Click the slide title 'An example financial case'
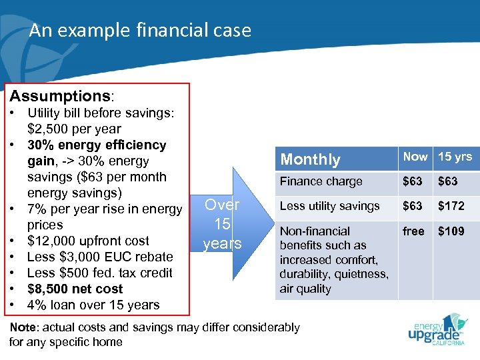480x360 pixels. pyautogui.click(x=140, y=31)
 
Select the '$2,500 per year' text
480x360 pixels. pyautogui.click(x=74, y=129)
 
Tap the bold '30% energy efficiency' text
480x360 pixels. pyautogui.click(x=97, y=145)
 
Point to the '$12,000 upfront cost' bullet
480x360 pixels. pyautogui.click(x=88, y=241)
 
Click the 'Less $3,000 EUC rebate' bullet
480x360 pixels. pyautogui.click(x=100, y=257)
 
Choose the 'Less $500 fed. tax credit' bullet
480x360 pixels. pyautogui.click(x=100, y=273)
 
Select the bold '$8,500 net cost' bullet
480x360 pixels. pyautogui.click(x=75, y=289)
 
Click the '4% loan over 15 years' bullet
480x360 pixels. pyautogui.click(x=93, y=305)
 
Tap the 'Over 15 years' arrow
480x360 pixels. pyautogui.click(x=223, y=224)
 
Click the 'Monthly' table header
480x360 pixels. pyautogui.click(x=310, y=159)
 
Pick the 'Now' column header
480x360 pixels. pyautogui.click(x=415, y=157)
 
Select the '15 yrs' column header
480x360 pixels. pyautogui.click(x=455, y=157)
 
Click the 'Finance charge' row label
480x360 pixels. pyautogui.click(x=321, y=181)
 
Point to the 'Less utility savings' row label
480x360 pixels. pyautogui.click(x=329, y=206)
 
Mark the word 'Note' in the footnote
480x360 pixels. pyautogui.click(x=23, y=327)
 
